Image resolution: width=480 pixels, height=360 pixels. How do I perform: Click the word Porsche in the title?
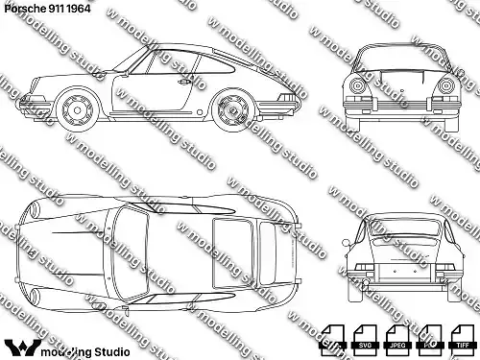pos(21,8)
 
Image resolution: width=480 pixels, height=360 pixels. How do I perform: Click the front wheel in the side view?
pos(76,109)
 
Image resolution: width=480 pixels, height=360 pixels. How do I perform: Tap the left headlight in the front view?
pos(358,86)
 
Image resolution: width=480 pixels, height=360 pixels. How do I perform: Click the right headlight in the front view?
pos(445,86)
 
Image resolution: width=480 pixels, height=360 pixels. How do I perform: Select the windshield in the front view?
pos(401,60)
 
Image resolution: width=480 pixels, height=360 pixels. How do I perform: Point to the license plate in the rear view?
pos(400,279)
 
